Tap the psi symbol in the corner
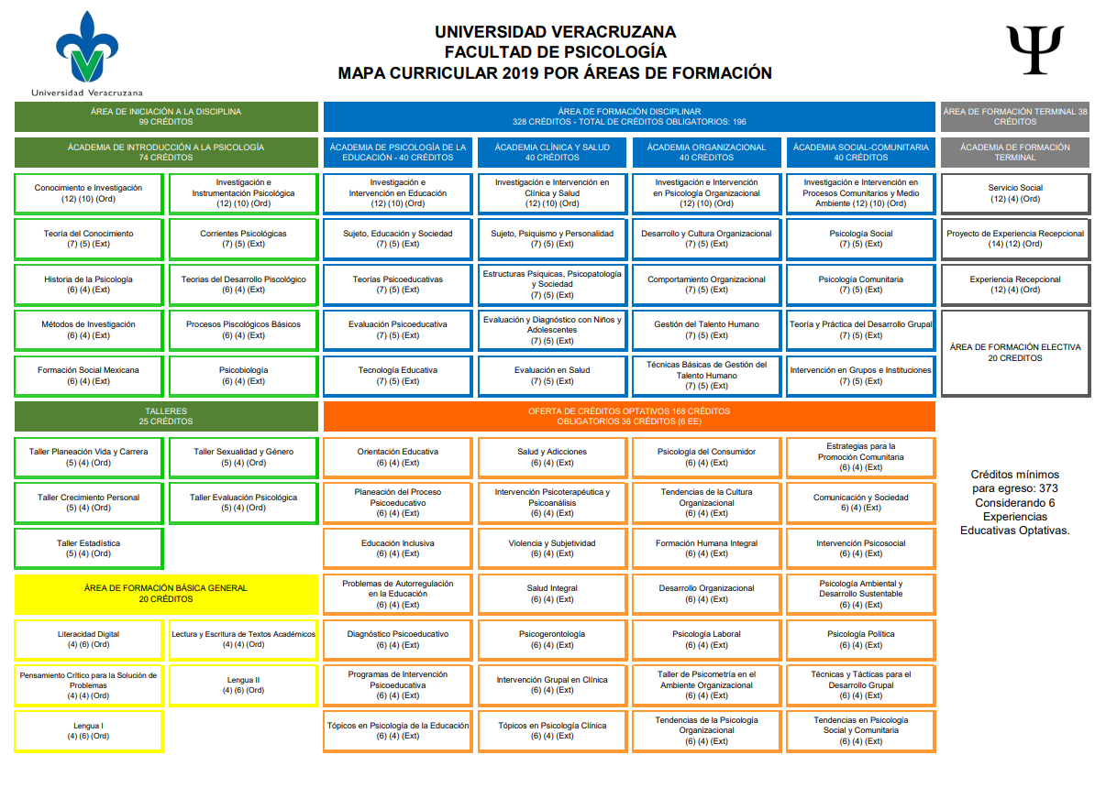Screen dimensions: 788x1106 (x=1034, y=49)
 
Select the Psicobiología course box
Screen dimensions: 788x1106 (x=243, y=376)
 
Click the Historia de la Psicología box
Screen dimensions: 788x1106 (x=88, y=284)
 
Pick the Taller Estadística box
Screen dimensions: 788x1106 (x=88, y=548)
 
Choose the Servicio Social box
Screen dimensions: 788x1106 (x=1015, y=192)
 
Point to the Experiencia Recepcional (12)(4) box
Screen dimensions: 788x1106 (x=1015, y=284)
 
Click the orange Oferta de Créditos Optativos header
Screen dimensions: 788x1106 (x=629, y=416)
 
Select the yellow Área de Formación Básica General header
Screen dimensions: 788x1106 (x=166, y=594)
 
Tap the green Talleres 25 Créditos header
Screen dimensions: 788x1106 (x=166, y=416)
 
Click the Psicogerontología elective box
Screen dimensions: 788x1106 (x=552, y=640)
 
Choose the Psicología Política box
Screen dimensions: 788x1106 (x=860, y=640)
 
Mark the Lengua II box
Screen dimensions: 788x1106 (x=243, y=685)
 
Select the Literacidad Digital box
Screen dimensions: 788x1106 (x=88, y=640)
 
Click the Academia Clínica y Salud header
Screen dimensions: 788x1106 (x=552, y=152)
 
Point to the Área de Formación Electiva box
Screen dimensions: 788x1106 (x=1015, y=353)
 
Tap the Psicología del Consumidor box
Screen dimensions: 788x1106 (x=706, y=456)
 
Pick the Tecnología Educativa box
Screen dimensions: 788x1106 (x=397, y=376)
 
